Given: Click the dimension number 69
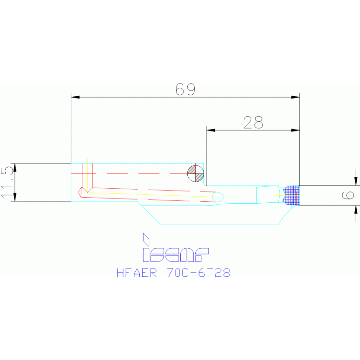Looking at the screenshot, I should pyautogui.click(x=185, y=89).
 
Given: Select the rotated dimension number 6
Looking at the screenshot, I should pyautogui.click(x=348, y=195).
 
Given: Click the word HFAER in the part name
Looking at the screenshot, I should pyautogui.click(x=136, y=273).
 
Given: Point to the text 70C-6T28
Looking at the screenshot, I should pyautogui.click(x=198, y=273).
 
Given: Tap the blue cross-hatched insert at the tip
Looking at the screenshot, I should pyautogui.click(x=292, y=194).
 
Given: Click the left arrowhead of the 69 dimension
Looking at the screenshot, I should pyautogui.click(x=75, y=97).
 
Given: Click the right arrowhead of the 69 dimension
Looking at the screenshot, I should pyautogui.click(x=295, y=97).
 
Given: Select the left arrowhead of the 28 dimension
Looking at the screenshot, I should pyautogui.click(x=211, y=130).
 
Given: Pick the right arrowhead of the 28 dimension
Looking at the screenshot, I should pyautogui.click(x=295, y=130).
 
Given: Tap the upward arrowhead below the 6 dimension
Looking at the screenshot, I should pyautogui.click(x=356, y=209).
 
